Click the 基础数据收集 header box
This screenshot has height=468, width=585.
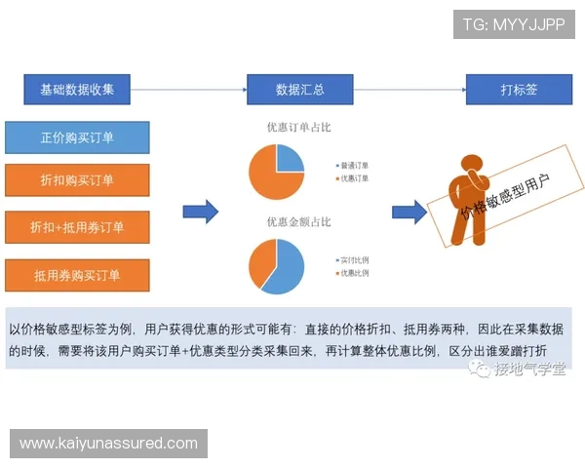[77, 90]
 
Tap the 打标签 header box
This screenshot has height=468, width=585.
[519, 90]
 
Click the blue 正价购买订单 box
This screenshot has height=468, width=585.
[77, 137]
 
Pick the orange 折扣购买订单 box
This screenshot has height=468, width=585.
[77, 180]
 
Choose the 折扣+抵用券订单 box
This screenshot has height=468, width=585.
[77, 227]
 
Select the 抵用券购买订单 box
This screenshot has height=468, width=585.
[77, 275]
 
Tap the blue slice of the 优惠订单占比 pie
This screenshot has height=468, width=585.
[291, 158]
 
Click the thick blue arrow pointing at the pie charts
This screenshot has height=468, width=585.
[201, 212]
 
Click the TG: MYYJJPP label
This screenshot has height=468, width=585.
[514, 22]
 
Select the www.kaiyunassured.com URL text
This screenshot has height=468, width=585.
[108, 444]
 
